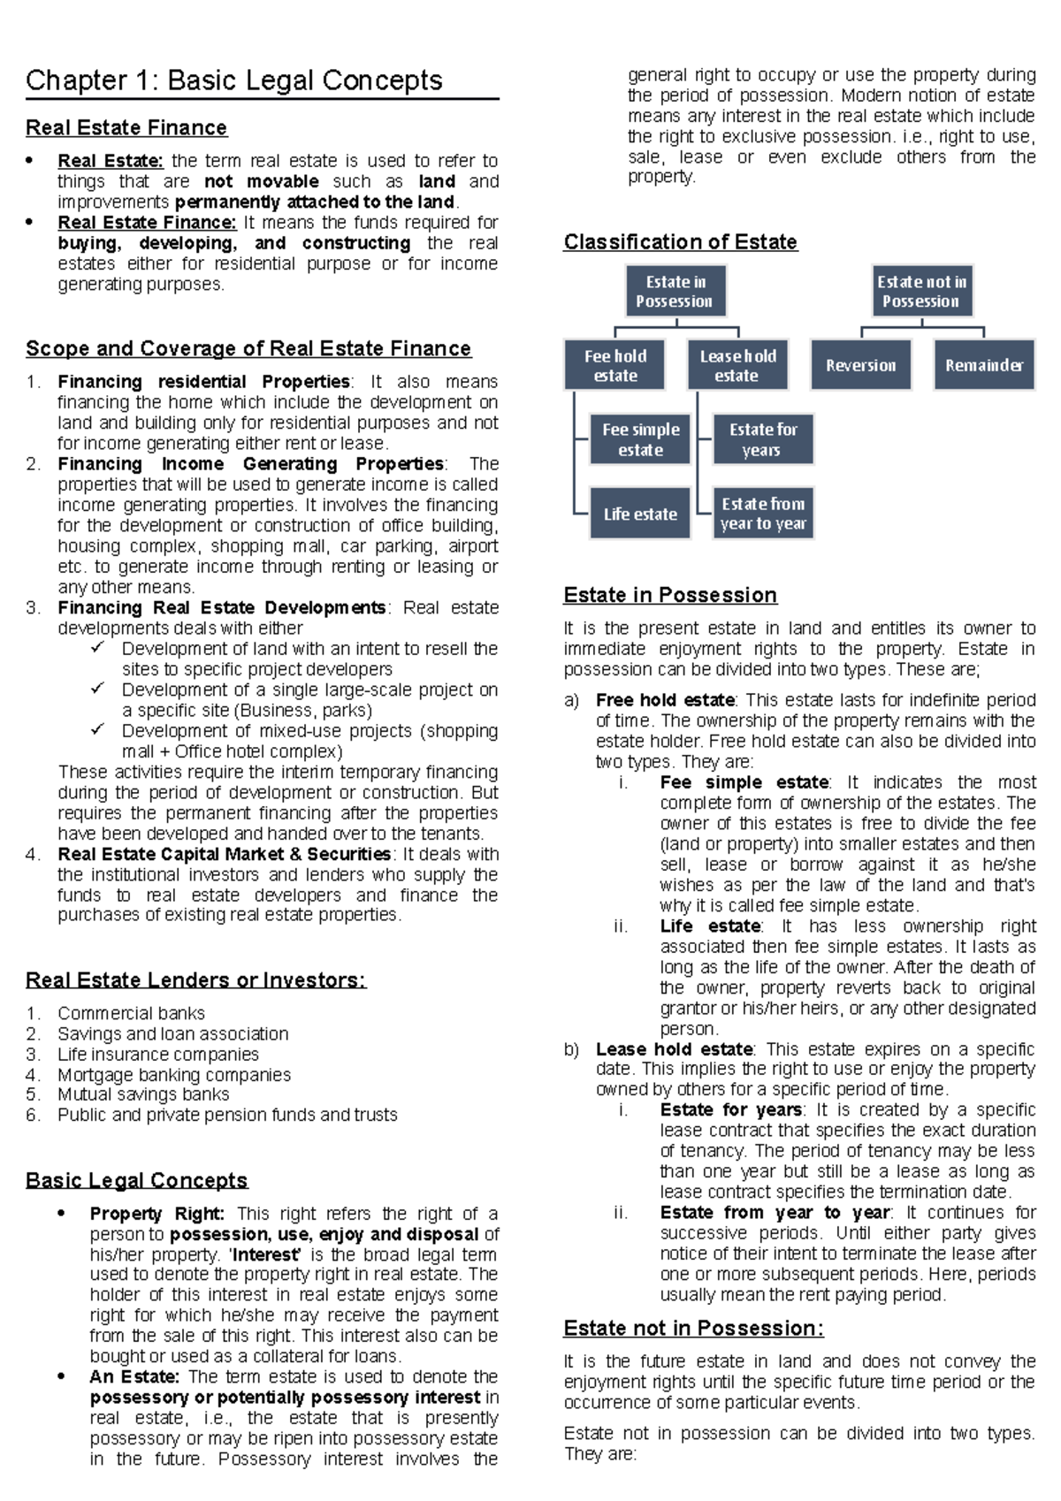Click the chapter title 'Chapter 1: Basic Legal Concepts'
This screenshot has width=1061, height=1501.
click(234, 80)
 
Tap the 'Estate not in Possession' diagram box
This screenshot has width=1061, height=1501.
click(921, 292)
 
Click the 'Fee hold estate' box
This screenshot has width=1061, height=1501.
click(615, 366)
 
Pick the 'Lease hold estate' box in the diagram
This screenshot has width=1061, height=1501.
click(737, 366)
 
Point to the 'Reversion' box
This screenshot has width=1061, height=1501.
click(860, 366)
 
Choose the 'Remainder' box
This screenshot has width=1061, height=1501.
click(983, 366)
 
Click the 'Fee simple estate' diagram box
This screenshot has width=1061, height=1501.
click(640, 440)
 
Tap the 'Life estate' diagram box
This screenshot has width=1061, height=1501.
click(640, 514)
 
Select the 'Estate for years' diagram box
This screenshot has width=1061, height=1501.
click(762, 440)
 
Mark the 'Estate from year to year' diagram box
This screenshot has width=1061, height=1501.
click(762, 514)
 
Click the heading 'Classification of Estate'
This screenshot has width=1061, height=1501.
click(680, 242)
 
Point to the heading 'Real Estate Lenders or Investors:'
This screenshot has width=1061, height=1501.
click(195, 980)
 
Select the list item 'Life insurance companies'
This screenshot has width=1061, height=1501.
click(158, 1055)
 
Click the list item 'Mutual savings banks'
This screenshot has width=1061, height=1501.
click(143, 1094)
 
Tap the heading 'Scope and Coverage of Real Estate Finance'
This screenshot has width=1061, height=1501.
click(248, 349)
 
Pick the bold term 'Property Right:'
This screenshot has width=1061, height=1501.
click(157, 1214)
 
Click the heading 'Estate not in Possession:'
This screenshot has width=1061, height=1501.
click(693, 1329)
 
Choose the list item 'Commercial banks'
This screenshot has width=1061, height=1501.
click(131, 1013)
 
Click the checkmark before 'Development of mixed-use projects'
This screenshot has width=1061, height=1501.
click(98, 730)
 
